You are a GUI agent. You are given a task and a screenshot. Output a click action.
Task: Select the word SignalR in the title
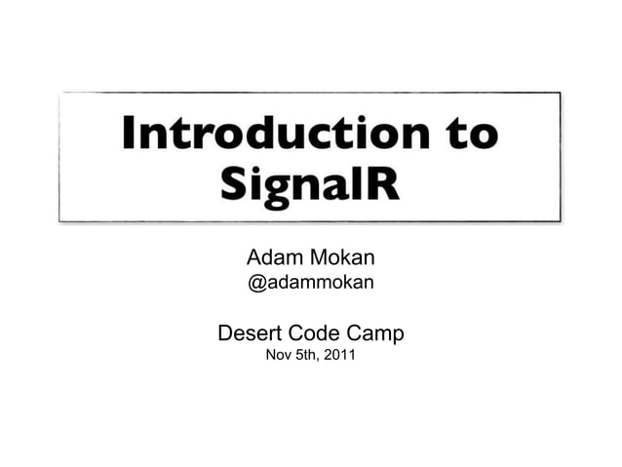[x=310, y=183]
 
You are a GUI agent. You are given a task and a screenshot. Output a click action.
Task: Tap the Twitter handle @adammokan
[x=311, y=285]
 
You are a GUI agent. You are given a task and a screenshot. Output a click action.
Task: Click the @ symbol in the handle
[x=257, y=285]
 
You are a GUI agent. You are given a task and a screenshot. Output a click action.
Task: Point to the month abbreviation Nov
[x=279, y=358]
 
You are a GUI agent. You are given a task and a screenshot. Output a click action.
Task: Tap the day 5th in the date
[x=310, y=358]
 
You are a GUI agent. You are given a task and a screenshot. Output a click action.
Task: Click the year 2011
[x=341, y=358]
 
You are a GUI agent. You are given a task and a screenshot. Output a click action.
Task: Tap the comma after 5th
[x=323, y=363]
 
